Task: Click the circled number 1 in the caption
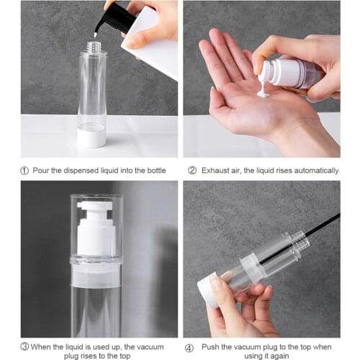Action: (x=25, y=171)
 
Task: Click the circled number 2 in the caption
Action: (x=192, y=171)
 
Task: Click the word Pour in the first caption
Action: (x=43, y=171)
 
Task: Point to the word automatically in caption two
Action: (x=314, y=171)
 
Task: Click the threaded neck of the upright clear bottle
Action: (x=91, y=48)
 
